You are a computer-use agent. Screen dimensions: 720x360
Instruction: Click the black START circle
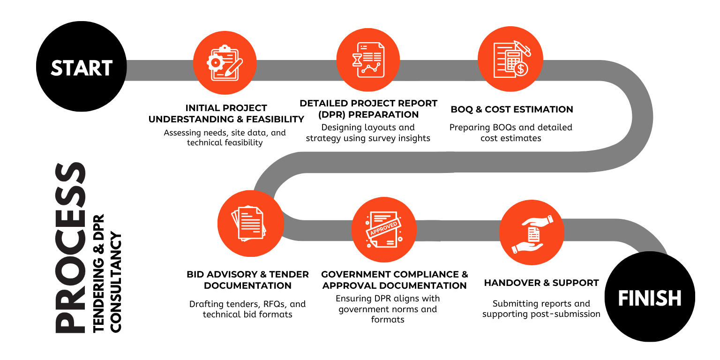click(81, 67)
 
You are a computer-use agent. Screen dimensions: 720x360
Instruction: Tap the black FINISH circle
click(650, 296)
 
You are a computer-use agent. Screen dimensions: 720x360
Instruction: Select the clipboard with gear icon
click(225, 63)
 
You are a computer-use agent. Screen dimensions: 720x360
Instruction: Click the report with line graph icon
click(368, 60)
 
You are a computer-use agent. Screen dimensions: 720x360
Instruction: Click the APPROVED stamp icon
click(384, 230)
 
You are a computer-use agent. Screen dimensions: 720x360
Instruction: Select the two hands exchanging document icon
click(532, 234)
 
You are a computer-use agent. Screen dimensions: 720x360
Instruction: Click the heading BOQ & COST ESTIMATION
click(512, 109)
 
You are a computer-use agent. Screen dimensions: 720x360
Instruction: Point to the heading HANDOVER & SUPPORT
click(541, 283)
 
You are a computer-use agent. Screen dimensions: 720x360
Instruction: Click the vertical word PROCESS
click(70, 247)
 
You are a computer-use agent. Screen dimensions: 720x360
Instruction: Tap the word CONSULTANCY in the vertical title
click(116, 283)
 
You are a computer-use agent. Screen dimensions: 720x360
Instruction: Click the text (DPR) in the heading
click(332, 115)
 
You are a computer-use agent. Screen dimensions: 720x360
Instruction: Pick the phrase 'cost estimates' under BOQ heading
click(511, 138)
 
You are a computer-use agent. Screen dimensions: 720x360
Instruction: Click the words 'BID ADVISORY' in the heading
click(222, 275)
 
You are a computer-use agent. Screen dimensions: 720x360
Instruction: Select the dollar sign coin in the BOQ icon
click(521, 68)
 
